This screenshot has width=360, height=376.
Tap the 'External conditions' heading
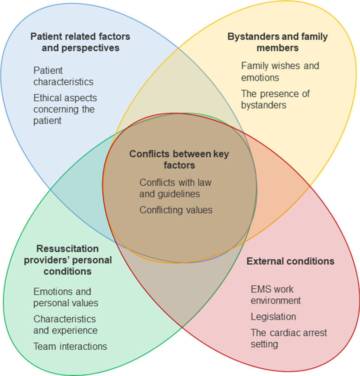tap(290, 261)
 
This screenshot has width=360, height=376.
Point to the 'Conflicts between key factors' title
tap(170, 159)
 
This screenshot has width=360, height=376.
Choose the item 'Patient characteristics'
tap(63, 76)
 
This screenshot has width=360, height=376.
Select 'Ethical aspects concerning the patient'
tap(65, 109)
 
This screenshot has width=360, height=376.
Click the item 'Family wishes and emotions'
tap(280, 71)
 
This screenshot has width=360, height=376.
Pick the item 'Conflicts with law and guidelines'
tap(175, 188)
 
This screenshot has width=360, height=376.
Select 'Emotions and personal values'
tap(66, 297)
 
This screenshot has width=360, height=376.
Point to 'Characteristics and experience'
tap(65, 324)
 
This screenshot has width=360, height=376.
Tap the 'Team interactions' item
tap(70, 347)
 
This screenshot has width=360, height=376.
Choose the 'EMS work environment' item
tap(276, 294)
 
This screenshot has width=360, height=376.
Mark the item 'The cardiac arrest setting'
tap(289, 338)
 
